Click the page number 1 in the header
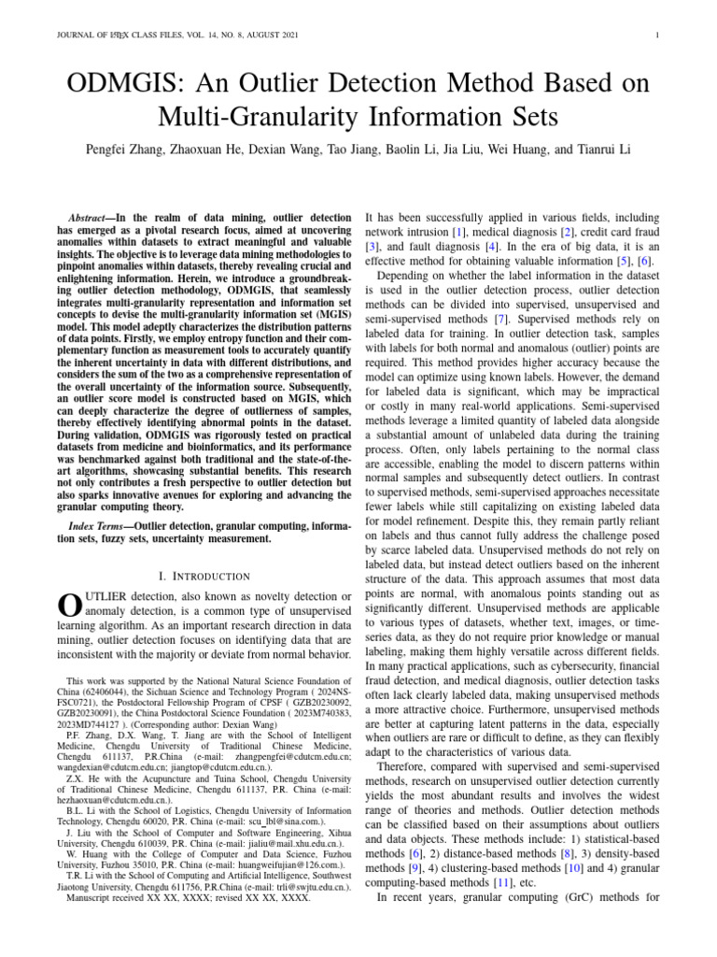[x=658, y=36]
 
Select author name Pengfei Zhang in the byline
[x=130, y=150]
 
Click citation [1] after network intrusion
[x=459, y=230]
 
